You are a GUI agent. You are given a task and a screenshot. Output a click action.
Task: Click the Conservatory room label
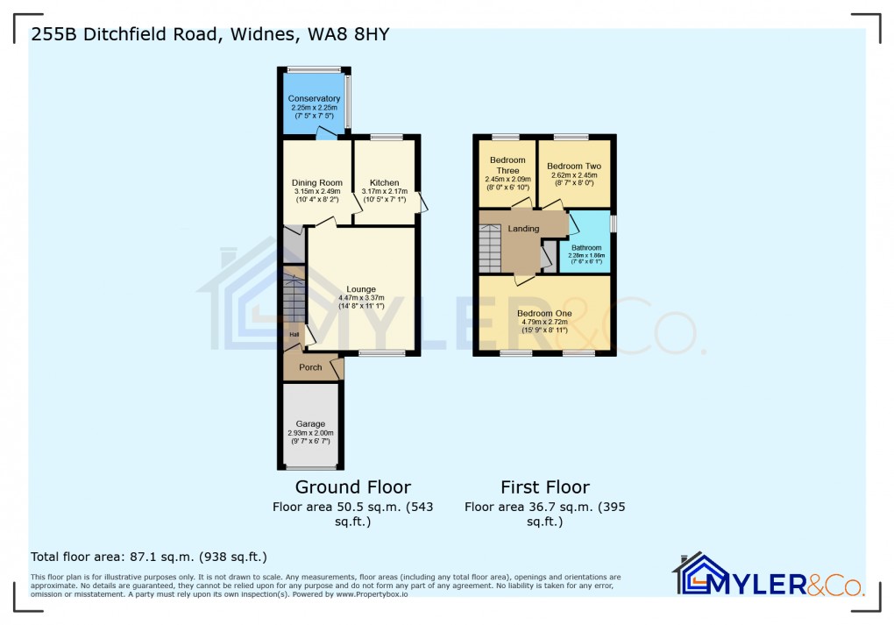[x=314, y=99]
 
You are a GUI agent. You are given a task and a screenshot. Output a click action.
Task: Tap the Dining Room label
[x=316, y=183]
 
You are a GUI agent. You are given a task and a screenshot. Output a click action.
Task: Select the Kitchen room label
[x=384, y=183]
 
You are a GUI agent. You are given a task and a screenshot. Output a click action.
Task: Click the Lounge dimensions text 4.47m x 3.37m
[x=361, y=298]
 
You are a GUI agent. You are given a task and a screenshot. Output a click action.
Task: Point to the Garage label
[x=310, y=423]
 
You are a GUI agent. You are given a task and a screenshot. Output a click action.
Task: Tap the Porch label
[x=310, y=367]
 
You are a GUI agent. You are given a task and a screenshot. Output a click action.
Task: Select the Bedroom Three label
[x=507, y=165]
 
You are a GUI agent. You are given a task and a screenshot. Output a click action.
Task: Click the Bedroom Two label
[x=573, y=166]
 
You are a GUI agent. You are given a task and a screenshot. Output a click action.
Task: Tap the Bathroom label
[x=586, y=248]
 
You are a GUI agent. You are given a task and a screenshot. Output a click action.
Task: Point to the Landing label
[x=524, y=229]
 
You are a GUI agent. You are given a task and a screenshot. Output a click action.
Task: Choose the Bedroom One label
[x=543, y=313]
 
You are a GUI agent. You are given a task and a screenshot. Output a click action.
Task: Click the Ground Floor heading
[x=352, y=487]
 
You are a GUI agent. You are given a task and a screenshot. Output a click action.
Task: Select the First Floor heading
[x=544, y=487]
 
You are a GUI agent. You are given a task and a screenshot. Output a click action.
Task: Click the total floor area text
[x=149, y=557]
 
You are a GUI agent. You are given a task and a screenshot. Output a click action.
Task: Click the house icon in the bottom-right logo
[x=699, y=574]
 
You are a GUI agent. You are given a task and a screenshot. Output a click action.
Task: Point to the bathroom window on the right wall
[x=614, y=224]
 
